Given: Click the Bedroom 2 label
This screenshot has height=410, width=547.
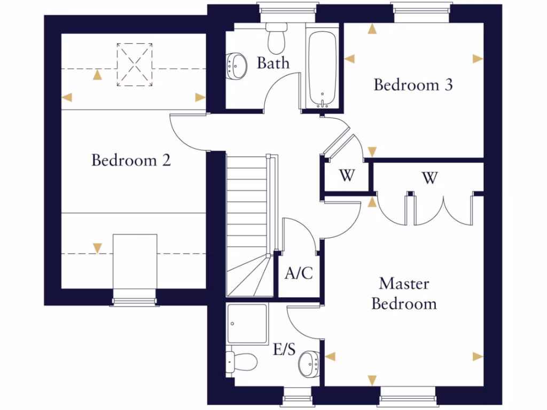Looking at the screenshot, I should point(131,160).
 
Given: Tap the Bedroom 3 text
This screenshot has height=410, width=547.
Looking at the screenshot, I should point(413,85).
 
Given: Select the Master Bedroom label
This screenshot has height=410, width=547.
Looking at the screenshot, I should point(404,294).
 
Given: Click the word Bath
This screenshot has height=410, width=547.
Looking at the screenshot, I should point(273,63).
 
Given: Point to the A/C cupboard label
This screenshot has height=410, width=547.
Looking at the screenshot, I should point(298,274).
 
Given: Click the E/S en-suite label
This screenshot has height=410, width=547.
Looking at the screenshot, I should point(284,350).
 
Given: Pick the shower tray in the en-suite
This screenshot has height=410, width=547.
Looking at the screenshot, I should point(247,324).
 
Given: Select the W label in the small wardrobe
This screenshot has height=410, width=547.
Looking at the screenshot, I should point(347,176).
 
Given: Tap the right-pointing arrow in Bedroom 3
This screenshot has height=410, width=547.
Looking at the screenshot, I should point(478,59).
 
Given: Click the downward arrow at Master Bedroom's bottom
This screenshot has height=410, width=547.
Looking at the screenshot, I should point(372,380).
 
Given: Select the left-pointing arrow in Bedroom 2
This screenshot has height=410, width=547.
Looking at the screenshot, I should point(67,97).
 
